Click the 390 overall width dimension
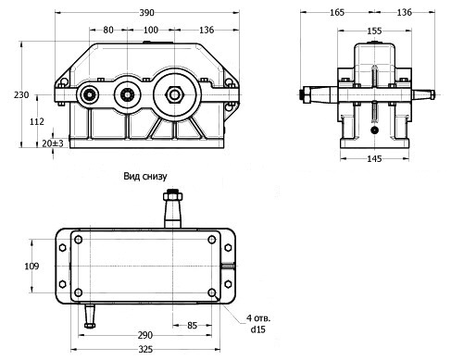(146, 13)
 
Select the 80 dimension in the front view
(108, 30)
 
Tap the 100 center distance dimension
(151, 30)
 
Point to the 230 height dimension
(21, 94)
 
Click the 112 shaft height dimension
(37, 121)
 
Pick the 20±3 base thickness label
(53, 143)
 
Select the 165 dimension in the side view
(337, 12)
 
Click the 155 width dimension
(374, 31)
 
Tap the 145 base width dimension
(374, 158)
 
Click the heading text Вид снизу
(145, 176)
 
